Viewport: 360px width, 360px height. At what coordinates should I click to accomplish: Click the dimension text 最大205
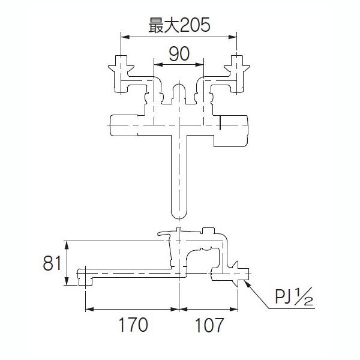pos(179,25)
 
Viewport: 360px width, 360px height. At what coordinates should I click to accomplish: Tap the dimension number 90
pos(179,54)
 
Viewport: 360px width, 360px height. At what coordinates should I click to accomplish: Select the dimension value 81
pos(52,263)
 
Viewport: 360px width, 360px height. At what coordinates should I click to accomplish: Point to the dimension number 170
pos(133,325)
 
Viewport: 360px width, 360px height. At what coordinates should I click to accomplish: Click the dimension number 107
pos(209,325)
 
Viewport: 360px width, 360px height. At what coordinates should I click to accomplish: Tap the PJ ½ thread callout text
pos(294,296)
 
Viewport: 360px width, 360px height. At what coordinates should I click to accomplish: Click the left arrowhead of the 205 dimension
pos(125,37)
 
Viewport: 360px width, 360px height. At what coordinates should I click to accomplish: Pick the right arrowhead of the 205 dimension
pos(232,37)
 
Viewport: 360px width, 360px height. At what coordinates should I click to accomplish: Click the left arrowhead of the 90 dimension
pos(158,65)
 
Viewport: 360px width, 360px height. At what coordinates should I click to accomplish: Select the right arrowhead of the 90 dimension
pos(199,65)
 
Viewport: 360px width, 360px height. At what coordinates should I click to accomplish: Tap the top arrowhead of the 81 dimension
pos(67,245)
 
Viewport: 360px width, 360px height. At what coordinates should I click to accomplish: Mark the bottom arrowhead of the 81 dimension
pos(67,281)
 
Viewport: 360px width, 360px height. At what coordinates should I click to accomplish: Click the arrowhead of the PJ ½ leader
pos(247,283)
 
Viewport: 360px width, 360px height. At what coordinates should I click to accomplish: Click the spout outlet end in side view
pos(85,277)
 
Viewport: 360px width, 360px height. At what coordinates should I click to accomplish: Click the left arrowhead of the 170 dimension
pos(90,310)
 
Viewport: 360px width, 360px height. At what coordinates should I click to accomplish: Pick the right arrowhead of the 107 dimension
pos(233,310)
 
